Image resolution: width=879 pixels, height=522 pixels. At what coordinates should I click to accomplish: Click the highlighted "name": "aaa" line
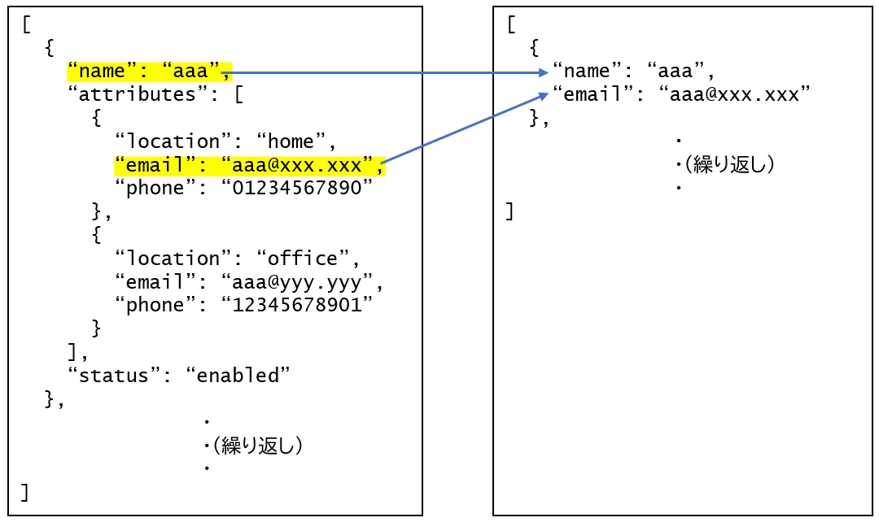tap(150, 72)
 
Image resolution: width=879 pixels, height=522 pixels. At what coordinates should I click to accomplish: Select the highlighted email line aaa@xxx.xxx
tap(248, 166)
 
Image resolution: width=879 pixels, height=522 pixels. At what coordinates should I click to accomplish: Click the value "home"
tap(291, 142)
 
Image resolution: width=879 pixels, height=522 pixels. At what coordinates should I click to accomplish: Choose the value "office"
tap(302, 259)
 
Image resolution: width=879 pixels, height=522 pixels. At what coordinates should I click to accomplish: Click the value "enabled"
tap(238, 376)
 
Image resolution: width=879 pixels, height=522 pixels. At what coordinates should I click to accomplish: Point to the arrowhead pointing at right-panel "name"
tap(543, 72)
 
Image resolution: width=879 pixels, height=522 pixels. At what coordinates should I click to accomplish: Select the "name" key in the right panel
tap(586, 72)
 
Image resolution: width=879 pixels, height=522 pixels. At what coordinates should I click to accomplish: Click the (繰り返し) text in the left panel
tap(256, 446)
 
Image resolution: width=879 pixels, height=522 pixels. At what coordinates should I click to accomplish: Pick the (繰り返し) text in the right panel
tap(727, 165)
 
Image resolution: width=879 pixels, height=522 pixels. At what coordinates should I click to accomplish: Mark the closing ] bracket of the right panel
tap(510, 212)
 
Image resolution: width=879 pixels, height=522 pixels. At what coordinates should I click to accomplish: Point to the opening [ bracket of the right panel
tap(510, 24)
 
